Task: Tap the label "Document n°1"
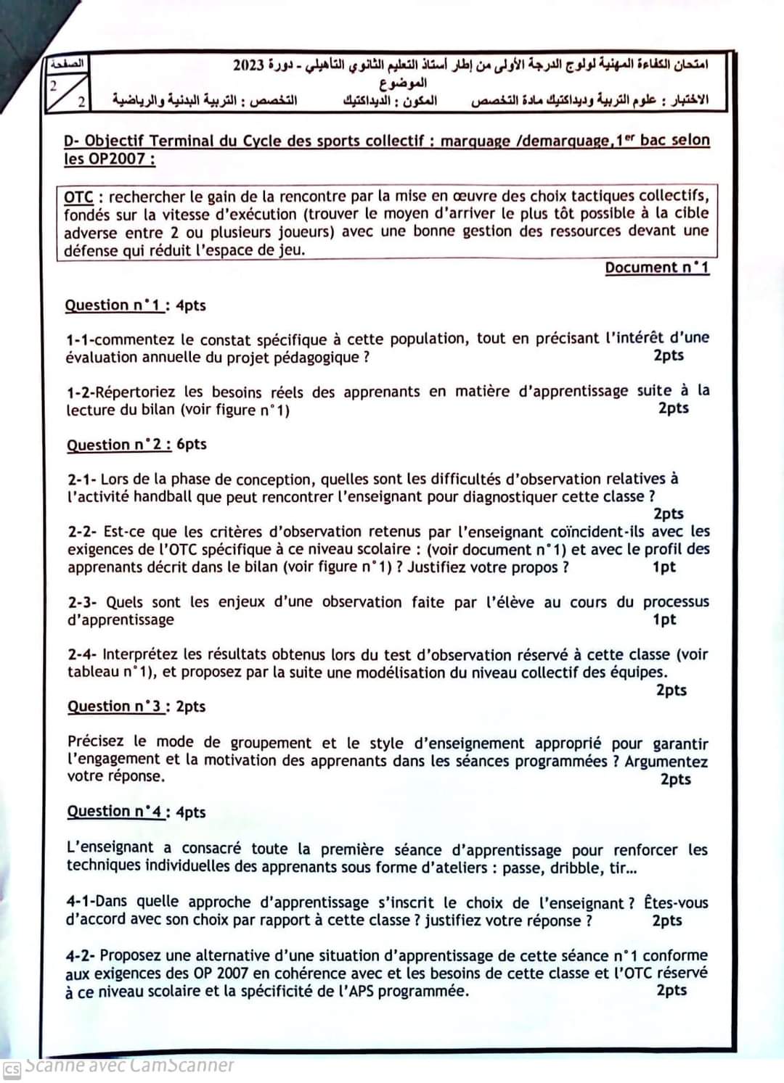pos(657,268)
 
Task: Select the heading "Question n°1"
pos(113,305)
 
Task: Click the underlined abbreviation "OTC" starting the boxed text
pos(78,197)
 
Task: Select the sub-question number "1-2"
pos(79,392)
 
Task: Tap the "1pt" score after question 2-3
pos(663,619)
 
